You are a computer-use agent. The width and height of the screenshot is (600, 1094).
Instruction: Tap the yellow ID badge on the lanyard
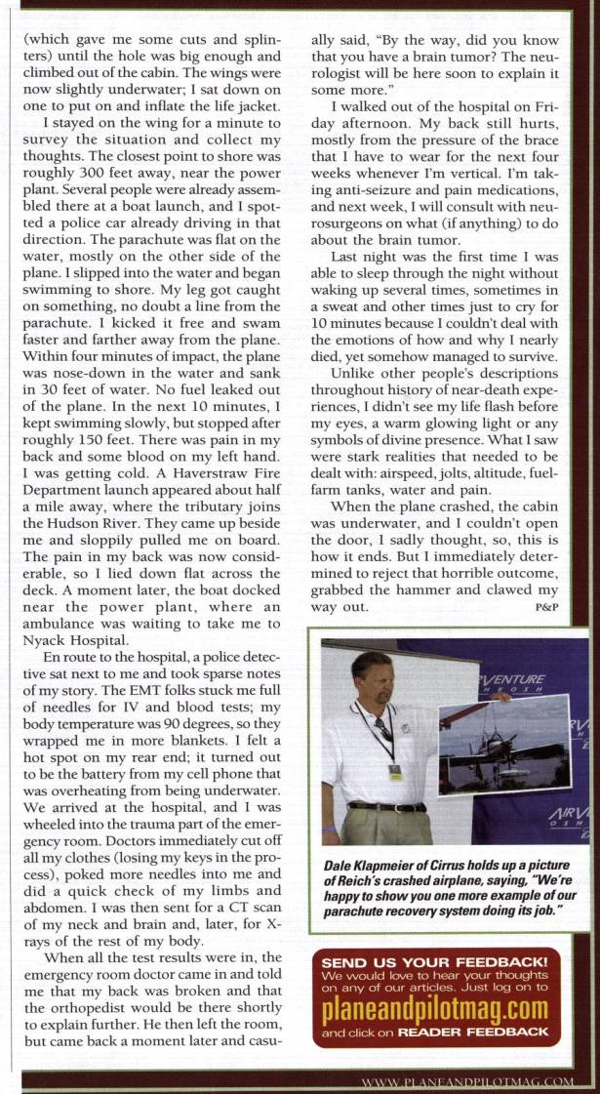tap(395, 772)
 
